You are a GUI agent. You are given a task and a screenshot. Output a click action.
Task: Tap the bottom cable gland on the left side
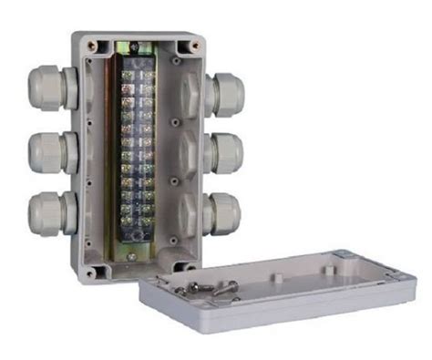pos(47,212)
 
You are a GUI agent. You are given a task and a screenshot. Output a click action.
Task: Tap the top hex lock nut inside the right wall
pos(187,91)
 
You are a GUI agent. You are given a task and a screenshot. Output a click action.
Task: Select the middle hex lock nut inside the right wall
pos(187,151)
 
